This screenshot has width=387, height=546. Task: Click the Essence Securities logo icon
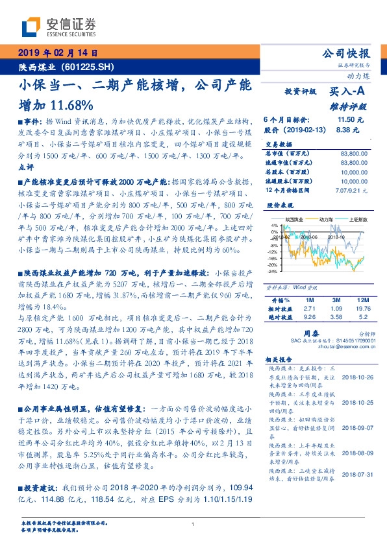click(30, 26)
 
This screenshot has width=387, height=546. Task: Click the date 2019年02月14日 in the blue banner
click(56, 53)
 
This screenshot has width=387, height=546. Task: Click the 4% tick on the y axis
click(274, 225)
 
